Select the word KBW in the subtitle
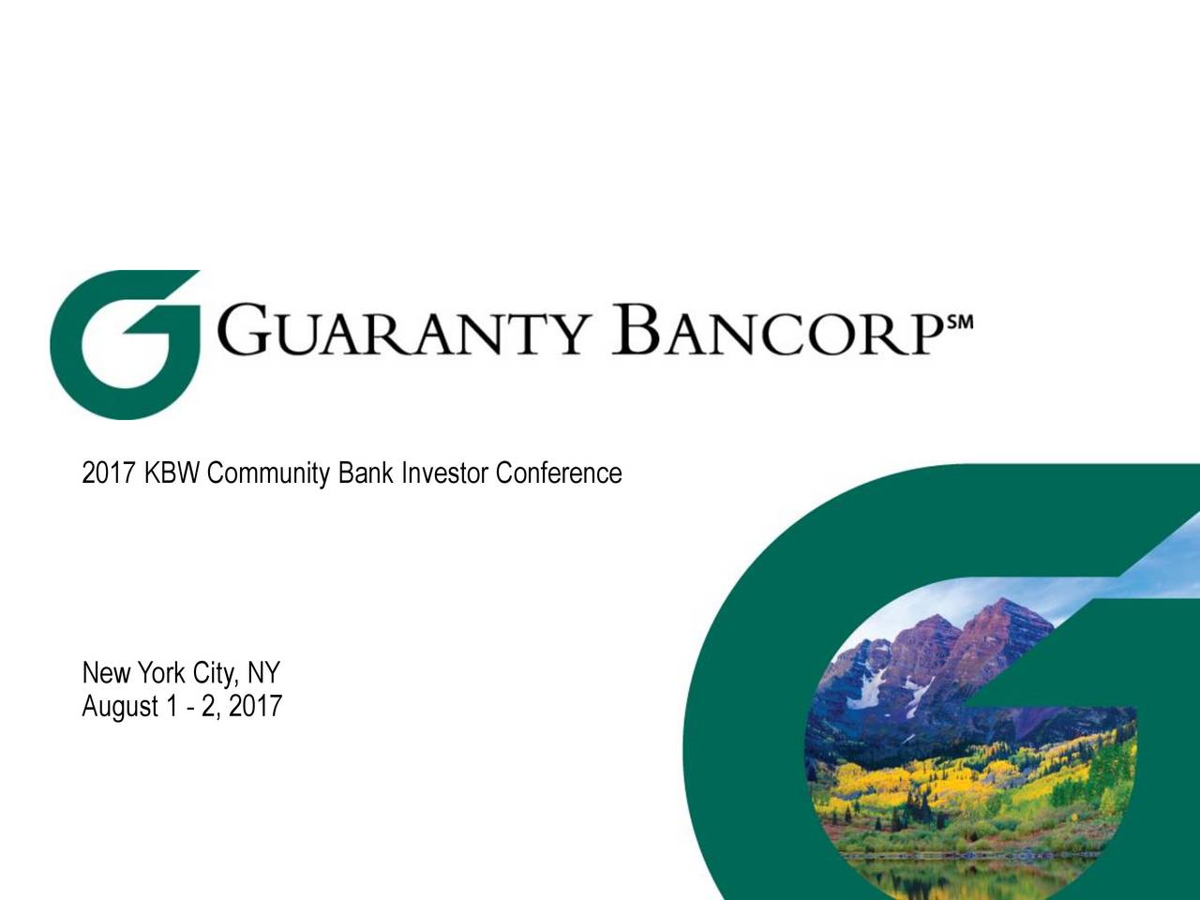click(x=172, y=473)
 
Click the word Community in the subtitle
click(x=268, y=473)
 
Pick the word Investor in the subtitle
click(x=444, y=473)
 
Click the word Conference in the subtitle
click(x=559, y=473)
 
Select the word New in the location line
click(x=106, y=673)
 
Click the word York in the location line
click(x=161, y=673)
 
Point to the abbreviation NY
click(x=263, y=673)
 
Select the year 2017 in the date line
click(x=255, y=706)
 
